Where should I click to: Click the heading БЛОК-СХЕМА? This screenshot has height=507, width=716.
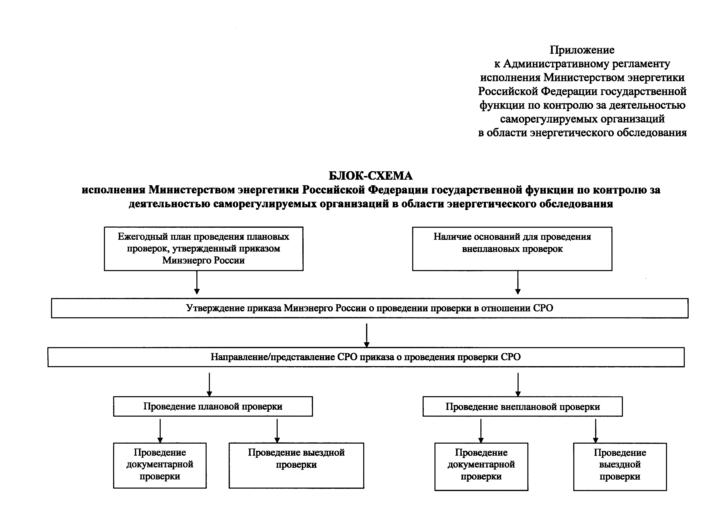tap(371, 176)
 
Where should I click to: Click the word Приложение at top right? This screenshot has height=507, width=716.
tap(582, 50)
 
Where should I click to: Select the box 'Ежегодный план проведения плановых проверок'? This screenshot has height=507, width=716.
tap(203, 249)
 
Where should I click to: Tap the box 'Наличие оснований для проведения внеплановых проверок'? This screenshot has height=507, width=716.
tap(512, 249)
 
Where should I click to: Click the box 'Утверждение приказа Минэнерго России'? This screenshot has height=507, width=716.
tap(370, 308)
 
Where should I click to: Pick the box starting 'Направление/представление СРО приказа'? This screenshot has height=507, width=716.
tap(366, 357)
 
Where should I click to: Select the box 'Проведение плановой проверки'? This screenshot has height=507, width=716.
tap(213, 406)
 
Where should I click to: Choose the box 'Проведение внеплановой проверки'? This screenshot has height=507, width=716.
tap(522, 406)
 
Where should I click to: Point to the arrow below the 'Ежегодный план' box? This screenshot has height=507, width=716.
tap(197, 283)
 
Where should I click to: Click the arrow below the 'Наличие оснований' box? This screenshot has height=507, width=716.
tap(518, 283)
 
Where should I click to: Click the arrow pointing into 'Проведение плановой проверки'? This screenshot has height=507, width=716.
tap(209, 385)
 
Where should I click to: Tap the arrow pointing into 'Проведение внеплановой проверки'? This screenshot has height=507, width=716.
tap(518, 385)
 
